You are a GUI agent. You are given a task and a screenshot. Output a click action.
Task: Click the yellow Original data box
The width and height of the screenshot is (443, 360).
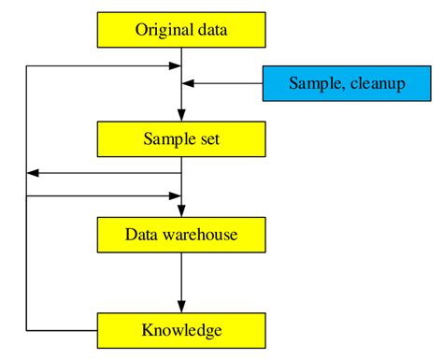pyautogui.click(x=181, y=29)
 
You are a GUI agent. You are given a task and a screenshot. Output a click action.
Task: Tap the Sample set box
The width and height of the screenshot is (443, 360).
pyautogui.click(x=181, y=139)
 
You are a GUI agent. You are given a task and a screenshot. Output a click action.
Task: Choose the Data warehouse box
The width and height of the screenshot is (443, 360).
pyautogui.click(x=181, y=234)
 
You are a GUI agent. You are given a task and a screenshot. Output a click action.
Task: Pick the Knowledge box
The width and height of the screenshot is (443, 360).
pyautogui.click(x=181, y=330)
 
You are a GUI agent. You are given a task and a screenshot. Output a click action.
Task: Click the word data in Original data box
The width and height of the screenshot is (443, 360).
pyautogui.click(x=211, y=29)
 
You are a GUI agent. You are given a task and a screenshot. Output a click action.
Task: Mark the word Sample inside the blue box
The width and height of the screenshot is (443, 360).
pyautogui.click(x=313, y=84)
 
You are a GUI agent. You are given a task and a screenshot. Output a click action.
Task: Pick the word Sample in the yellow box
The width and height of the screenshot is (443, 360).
pyautogui.click(x=166, y=139)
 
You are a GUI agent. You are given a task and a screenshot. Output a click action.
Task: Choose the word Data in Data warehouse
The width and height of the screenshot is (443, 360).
pyautogui.click(x=141, y=234)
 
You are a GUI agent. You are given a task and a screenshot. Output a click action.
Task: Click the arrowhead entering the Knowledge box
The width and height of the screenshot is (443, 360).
pyautogui.click(x=181, y=306)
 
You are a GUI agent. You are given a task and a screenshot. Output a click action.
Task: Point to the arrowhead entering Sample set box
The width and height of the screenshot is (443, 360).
pyautogui.click(x=181, y=115)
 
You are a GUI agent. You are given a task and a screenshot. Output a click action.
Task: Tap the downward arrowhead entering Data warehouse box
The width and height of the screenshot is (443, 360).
pyautogui.click(x=181, y=210)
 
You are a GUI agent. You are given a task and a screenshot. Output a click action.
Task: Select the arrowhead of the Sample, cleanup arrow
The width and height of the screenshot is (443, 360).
pyautogui.click(x=188, y=84)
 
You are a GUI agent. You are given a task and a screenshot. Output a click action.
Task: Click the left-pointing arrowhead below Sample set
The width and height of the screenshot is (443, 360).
pyautogui.click(x=34, y=173)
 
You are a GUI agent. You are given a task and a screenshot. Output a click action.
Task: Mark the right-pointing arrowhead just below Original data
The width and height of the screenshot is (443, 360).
pyautogui.click(x=175, y=66)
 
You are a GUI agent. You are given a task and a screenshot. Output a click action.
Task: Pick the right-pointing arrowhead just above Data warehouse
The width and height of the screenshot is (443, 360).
pyautogui.click(x=175, y=196)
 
